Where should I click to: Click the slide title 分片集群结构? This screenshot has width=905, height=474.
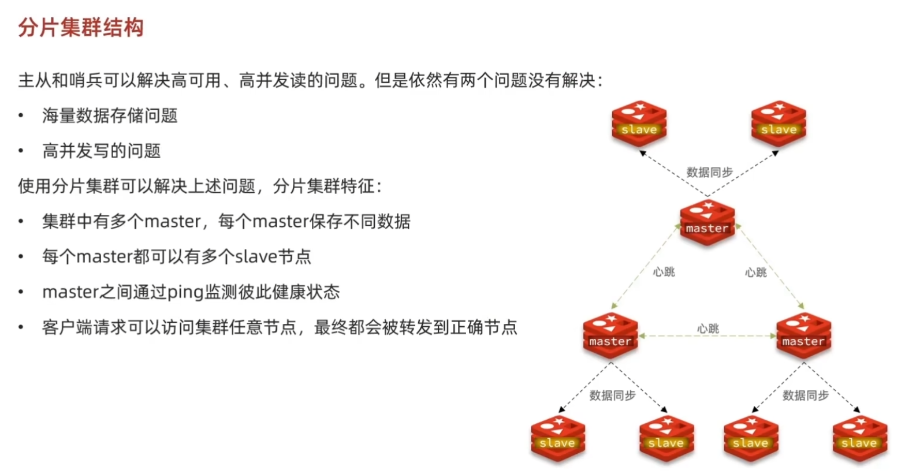pyautogui.click(x=81, y=27)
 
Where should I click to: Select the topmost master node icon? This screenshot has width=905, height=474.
pyautogui.click(x=707, y=222)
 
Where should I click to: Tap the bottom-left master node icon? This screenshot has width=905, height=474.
pyautogui.click(x=610, y=335)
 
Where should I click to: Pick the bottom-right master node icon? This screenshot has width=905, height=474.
pyautogui.click(x=803, y=335)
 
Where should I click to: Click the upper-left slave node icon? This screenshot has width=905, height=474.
pyautogui.click(x=639, y=123)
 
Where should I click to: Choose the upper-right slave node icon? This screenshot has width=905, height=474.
pyautogui.click(x=779, y=123)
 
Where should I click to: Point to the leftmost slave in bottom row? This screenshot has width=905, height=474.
pyautogui.click(x=557, y=438)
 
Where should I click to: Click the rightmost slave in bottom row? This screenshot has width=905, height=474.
pyautogui.click(x=859, y=438)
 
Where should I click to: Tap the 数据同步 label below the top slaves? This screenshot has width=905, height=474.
pyautogui.click(x=709, y=172)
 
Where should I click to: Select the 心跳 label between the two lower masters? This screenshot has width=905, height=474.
pyautogui.click(x=707, y=329)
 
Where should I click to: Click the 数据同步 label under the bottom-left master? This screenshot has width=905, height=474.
pyautogui.click(x=612, y=395)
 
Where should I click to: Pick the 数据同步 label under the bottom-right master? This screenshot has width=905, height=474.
pyautogui.click(x=805, y=395)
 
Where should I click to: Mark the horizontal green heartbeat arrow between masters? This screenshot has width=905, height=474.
pyautogui.click(x=707, y=336)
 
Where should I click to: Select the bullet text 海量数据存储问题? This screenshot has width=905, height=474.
pyautogui.click(x=110, y=115)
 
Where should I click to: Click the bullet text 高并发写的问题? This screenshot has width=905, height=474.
pyautogui.click(x=101, y=151)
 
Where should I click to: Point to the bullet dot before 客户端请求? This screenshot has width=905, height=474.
pyautogui.click(x=21, y=327)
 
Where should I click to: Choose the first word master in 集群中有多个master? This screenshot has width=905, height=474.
pyautogui.click(x=172, y=222)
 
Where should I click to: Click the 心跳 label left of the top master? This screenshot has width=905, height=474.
pyautogui.click(x=664, y=272)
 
